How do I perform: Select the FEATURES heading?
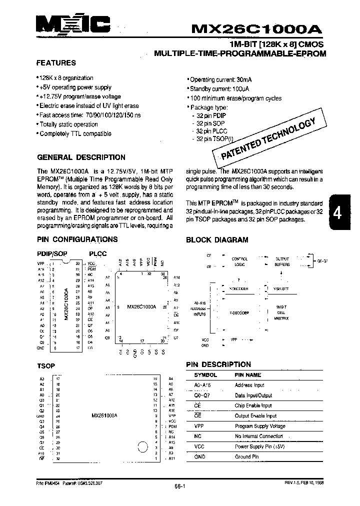[x=56, y=63]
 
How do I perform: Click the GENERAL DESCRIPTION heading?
[x=81, y=157]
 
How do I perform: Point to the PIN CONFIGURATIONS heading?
[x=77, y=239]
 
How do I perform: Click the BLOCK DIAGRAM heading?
[x=217, y=240]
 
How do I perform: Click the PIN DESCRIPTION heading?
[x=218, y=364]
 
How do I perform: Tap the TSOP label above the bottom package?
[x=46, y=366]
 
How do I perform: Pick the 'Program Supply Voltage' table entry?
[x=260, y=426]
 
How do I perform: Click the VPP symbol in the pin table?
[x=198, y=426]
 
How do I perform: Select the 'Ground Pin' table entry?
[x=246, y=457]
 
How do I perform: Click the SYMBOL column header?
[x=205, y=374]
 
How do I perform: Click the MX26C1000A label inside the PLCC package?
[x=141, y=306]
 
